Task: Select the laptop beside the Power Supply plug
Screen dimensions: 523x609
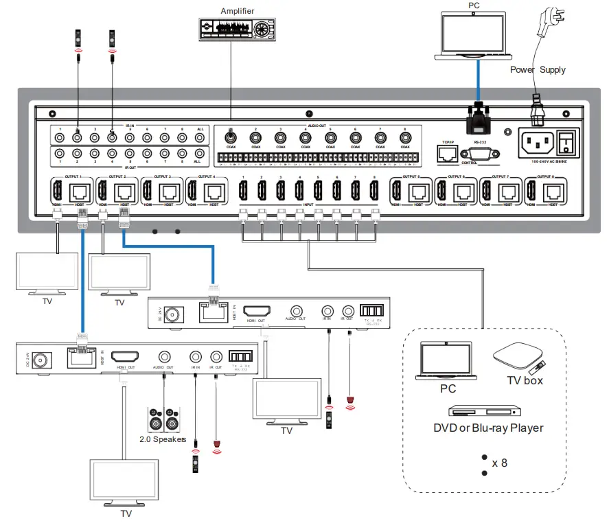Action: tap(474, 35)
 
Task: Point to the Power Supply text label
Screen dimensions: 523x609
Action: tap(538, 70)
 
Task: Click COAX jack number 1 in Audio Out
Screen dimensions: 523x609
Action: tap(231, 137)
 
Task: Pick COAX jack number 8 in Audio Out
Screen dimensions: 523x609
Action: tap(404, 137)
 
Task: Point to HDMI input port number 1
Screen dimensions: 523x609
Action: tap(242, 190)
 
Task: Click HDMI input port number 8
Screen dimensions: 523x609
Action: tap(374, 190)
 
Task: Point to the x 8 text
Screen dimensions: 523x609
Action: tap(499, 463)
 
